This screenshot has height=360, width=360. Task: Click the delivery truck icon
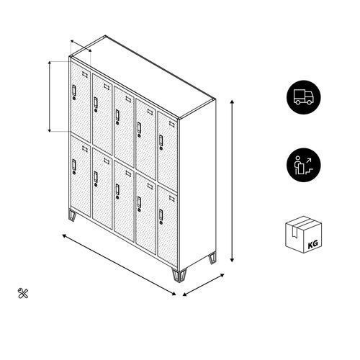click(303, 97)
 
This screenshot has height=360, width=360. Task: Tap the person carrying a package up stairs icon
click(303, 165)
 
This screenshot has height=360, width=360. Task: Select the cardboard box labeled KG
click(303, 235)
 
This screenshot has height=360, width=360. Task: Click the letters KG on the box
click(312, 244)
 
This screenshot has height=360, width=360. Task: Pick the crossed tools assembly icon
click(23, 293)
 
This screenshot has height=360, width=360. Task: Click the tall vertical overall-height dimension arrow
click(232, 181)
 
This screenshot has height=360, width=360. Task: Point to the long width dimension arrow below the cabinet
click(119, 265)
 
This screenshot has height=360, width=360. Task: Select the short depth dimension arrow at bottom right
click(203, 285)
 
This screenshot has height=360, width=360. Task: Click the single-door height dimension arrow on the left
click(50, 96)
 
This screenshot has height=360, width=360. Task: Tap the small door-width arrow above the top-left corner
click(81, 45)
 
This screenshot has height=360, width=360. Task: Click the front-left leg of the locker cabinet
click(72, 215)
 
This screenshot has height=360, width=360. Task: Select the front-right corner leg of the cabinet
click(179, 276)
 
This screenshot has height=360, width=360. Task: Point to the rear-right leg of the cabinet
click(212, 258)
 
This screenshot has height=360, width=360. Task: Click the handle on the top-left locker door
click(74, 90)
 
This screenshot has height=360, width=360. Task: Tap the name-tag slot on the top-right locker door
click(172, 124)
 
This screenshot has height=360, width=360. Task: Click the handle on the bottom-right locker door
click(161, 215)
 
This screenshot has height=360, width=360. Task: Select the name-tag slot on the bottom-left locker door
click(85, 149)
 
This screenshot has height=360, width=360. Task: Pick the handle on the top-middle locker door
click(117, 115)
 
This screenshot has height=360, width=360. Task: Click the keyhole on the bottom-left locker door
click(74, 173)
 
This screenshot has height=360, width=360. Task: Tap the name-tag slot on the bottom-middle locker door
click(128, 174)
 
